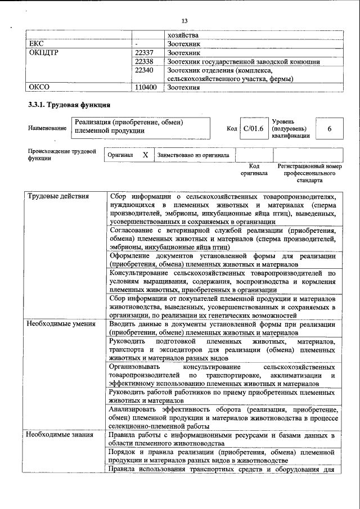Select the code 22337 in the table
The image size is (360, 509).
pos(145,52)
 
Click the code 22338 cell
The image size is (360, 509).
pos(145,61)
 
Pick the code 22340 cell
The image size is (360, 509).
pos(145,70)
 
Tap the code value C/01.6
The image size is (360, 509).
pos(251,129)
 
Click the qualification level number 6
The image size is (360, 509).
pos(329,129)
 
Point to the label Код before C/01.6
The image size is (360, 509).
pos(231,129)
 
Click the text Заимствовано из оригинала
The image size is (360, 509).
pos(193,155)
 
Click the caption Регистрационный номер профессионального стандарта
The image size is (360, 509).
pos(309,174)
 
